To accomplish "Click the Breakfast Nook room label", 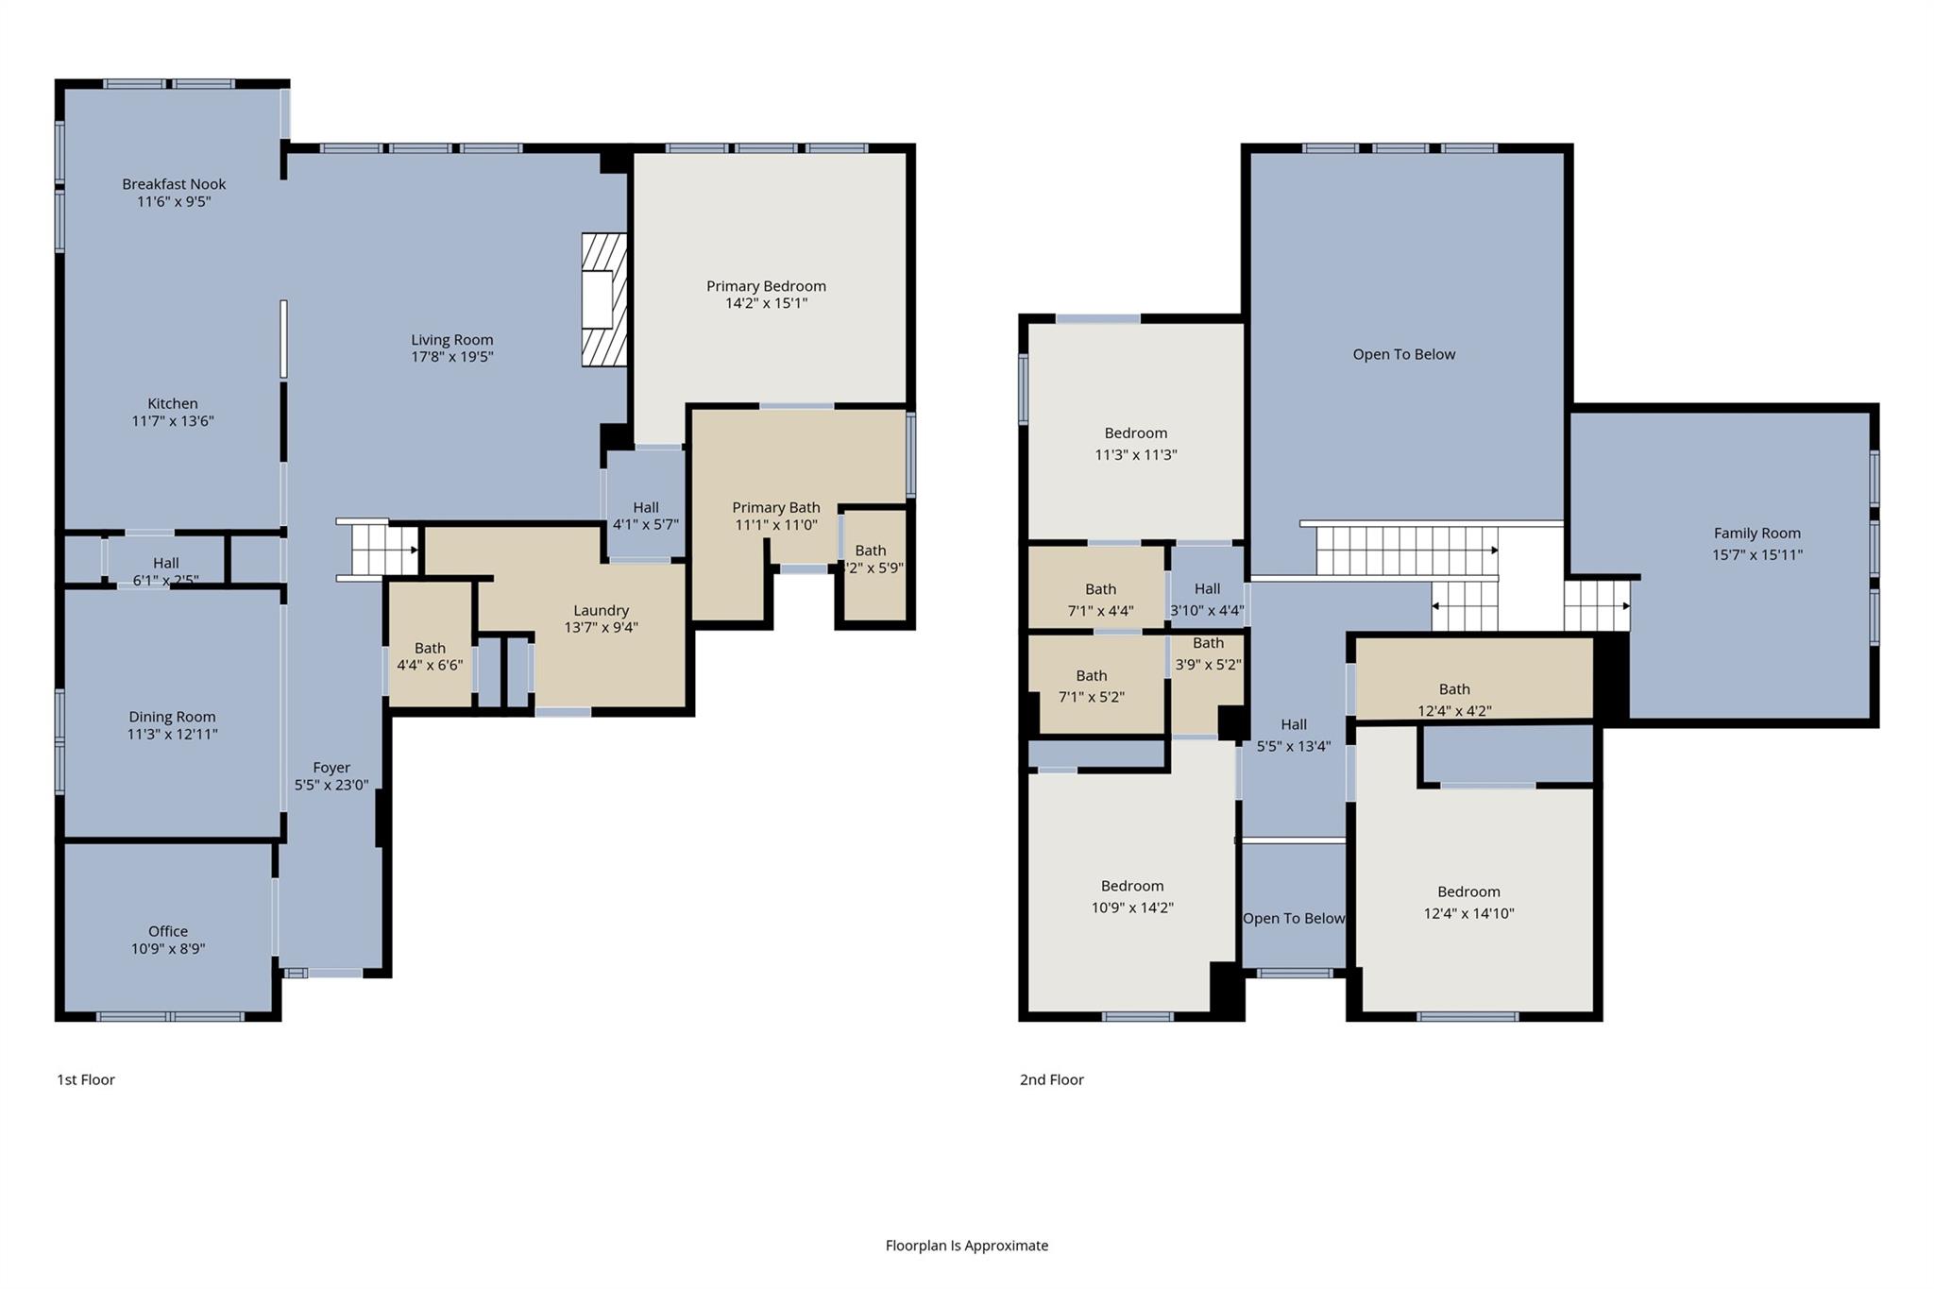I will pos(174,184).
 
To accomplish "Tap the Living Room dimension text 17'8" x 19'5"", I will pos(451,357).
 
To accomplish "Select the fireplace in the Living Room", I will pos(603,299).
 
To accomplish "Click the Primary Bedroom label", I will pos(766,286).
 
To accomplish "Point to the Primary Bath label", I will pos(775,507).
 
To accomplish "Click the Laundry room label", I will pos(601,610).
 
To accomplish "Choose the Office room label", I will pos(168,931).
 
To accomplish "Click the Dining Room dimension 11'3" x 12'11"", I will pos(172,734).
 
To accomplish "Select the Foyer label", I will pos(331,768).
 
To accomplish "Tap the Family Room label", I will pos(1756,533).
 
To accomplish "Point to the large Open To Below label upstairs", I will pos(1403,354).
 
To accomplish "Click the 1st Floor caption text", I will pos(86,1079).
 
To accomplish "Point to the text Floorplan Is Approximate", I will pos(966,1246).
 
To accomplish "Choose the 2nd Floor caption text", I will pos(1051,1079).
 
